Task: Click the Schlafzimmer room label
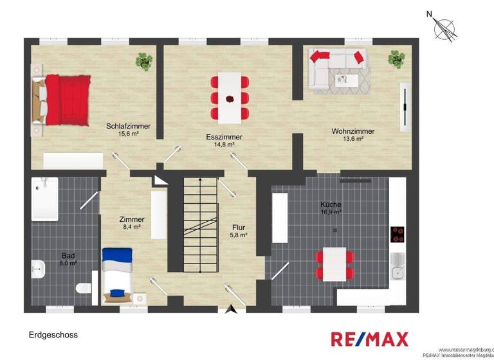pyautogui.click(x=129, y=126)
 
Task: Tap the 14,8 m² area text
pyautogui.click(x=224, y=145)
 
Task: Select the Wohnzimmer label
pyautogui.click(x=353, y=131)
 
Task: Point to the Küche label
pyautogui.click(x=331, y=205)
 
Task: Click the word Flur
pyautogui.click(x=239, y=228)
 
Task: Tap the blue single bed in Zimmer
pyautogui.click(x=116, y=275)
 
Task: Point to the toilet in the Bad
pyautogui.click(x=82, y=289)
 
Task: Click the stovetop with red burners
pyautogui.click(x=398, y=234)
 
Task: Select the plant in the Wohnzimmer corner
pyautogui.click(x=397, y=59)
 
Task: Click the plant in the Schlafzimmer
pyautogui.click(x=144, y=61)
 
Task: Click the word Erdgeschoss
pyautogui.click(x=53, y=335)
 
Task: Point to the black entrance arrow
pyautogui.click(x=232, y=310)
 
